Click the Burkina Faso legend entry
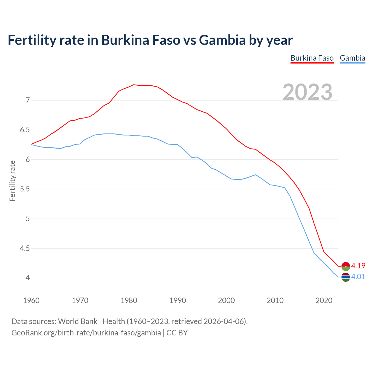pyautogui.click(x=312, y=58)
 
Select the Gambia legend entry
pyautogui.click(x=352, y=58)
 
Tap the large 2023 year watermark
pyautogui.click(x=307, y=92)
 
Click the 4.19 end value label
pyautogui.click(x=358, y=266)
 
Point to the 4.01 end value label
pyautogui.click(x=358, y=277)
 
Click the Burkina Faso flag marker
pyautogui.click(x=346, y=266)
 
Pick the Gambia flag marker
pyautogui.click(x=346, y=277)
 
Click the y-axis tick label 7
pyautogui.click(x=28, y=101)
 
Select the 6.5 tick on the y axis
pyautogui.click(x=25, y=130)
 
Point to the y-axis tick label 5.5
pyautogui.click(x=25, y=189)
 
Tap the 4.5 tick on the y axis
pyautogui.click(x=25, y=248)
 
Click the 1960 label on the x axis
pyautogui.click(x=31, y=300)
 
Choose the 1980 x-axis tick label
pyautogui.click(x=129, y=300)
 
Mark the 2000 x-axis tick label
pyautogui.click(x=226, y=300)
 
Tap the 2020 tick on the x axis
pyautogui.click(x=324, y=300)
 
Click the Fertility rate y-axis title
pyautogui.click(x=12, y=181)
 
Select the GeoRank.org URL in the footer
pyautogui.click(x=86, y=332)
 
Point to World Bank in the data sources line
pyautogui.click(x=78, y=321)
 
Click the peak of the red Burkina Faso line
pyautogui.click(x=133, y=85)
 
